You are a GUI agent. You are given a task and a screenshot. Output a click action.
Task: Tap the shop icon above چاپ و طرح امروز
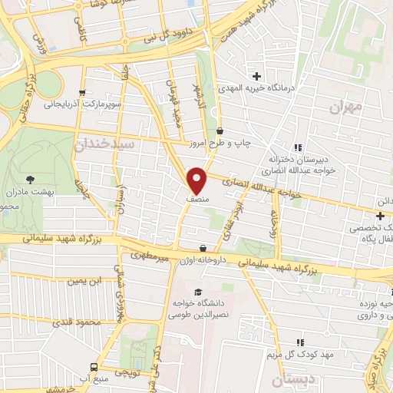pos(220,130)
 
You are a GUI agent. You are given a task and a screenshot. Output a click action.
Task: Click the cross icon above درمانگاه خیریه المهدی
pos(257,76)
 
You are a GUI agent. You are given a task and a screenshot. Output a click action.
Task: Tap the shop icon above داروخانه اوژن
pos(203,248)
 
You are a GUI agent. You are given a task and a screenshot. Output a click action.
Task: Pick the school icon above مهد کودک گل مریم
pos(300,342)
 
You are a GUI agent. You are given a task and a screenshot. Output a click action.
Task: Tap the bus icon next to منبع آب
pos(94,367)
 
